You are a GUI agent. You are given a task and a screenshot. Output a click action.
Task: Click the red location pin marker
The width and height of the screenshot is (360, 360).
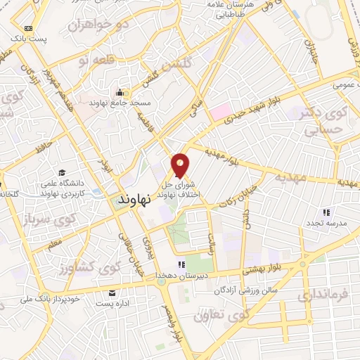(x=181, y=165)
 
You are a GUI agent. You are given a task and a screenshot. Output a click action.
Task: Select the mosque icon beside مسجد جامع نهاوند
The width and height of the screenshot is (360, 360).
(x=120, y=91)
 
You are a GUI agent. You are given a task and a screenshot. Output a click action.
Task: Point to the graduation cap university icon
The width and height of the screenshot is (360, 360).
(x=62, y=173)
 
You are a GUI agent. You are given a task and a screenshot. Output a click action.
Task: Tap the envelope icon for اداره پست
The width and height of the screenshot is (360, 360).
(x=111, y=292)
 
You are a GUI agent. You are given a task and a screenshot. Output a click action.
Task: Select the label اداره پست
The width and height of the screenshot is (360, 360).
(x=111, y=303)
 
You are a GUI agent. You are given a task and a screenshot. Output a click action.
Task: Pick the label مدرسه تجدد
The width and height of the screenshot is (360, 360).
(x=324, y=223)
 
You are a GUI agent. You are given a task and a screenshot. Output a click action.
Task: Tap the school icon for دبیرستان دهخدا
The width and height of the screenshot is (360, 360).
(x=181, y=264)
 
